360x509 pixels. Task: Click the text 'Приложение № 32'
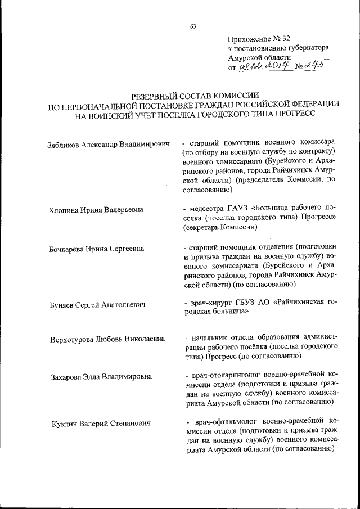[x=259, y=39]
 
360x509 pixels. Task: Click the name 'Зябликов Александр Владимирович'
[x=109, y=145]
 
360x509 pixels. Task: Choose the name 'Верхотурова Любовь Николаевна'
[x=107, y=339]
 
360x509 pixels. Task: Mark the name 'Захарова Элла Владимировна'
[x=101, y=376]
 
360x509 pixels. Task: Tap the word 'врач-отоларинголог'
[x=226, y=374]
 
